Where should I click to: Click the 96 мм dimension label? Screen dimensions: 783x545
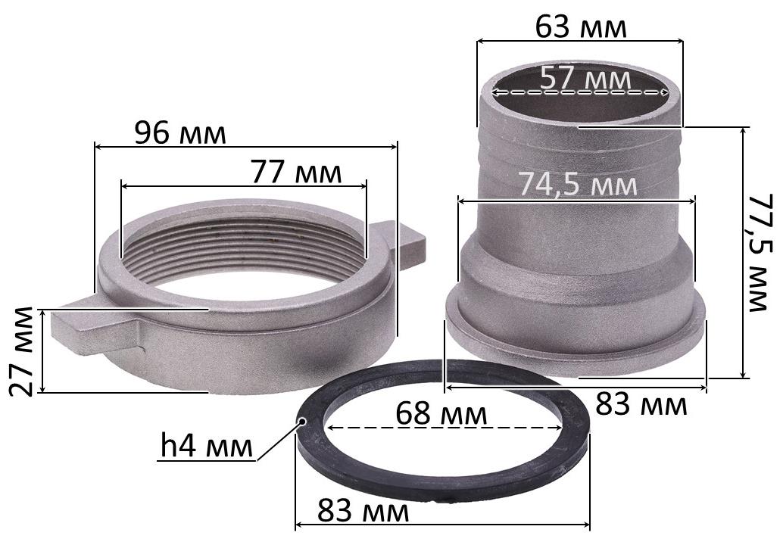(180, 133)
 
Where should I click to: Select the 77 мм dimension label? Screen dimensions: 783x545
(295, 173)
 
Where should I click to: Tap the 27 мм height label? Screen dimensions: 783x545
(22, 351)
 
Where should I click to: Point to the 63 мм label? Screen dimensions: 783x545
(581, 27)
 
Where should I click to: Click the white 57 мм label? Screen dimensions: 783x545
(585, 79)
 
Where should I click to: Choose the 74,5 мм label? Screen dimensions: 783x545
(579, 184)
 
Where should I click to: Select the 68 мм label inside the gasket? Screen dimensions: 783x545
(441, 414)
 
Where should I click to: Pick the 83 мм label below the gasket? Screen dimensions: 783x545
(363, 511)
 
